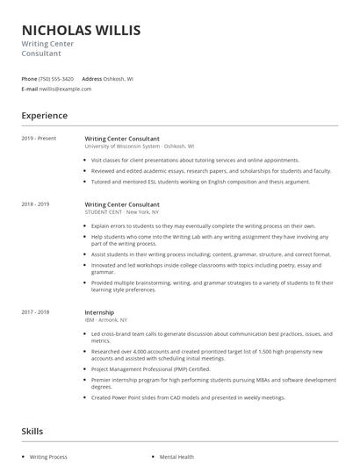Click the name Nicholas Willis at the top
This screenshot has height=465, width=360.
point(81,31)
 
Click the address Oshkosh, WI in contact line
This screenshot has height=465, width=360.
point(119,79)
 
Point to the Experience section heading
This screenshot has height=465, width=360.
point(44,116)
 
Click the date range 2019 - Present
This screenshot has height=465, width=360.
point(40,139)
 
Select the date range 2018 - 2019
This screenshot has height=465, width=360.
point(36,204)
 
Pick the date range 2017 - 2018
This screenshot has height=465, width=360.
point(36,312)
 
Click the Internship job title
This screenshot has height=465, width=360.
point(99,312)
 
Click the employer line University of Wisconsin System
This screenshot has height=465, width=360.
point(140,147)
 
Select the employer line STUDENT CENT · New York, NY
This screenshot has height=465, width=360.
point(123,211)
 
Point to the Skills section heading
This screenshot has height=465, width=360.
point(32,432)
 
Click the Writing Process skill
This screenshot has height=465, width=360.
point(48,457)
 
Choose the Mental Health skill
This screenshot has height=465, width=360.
point(176,457)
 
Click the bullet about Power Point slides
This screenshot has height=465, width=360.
point(189,397)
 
